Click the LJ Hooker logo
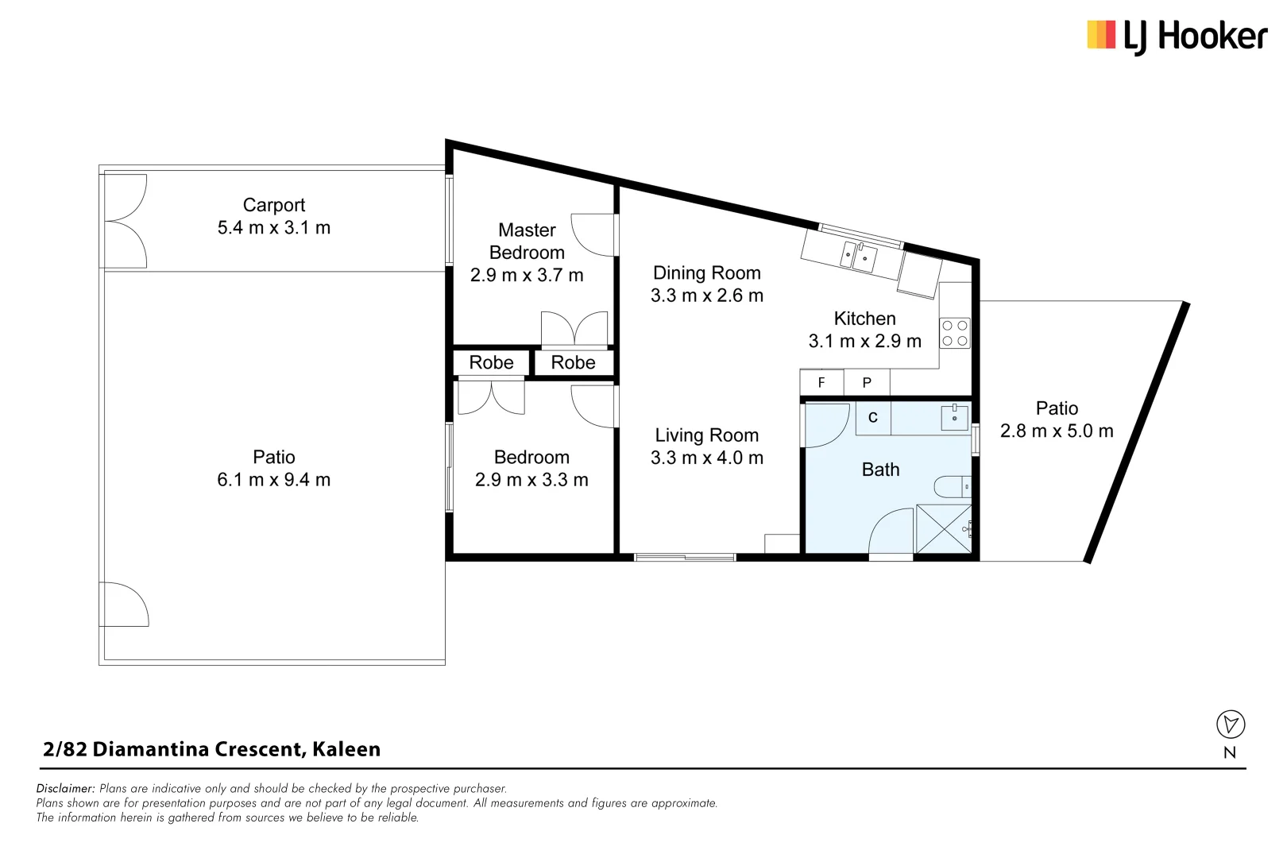(x=1177, y=37)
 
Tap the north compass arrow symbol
(x=1231, y=724)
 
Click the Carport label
(x=273, y=205)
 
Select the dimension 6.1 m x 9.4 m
(x=273, y=480)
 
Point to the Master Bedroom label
(x=527, y=242)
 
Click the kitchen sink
(x=859, y=256)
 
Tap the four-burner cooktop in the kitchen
(x=954, y=333)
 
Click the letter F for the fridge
(x=821, y=383)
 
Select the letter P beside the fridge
(x=867, y=383)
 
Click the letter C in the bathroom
(x=872, y=418)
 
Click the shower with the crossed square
(x=943, y=528)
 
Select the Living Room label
(x=706, y=435)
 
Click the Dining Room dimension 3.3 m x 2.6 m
(x=706, y=296)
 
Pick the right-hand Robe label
(x=573, y=363)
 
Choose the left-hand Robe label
(x=491, y=363)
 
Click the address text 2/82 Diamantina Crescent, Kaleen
(x=211, y=749)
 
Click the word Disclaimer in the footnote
(x=65, y=789)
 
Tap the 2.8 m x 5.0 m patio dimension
(x=1056, y=431)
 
